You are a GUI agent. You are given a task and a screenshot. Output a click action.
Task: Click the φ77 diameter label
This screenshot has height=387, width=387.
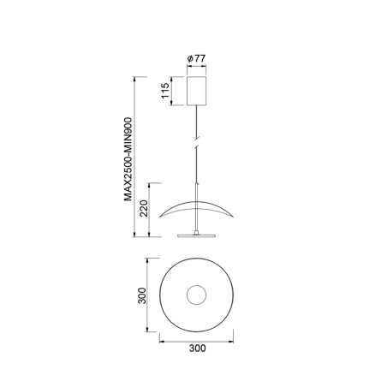point(198,60)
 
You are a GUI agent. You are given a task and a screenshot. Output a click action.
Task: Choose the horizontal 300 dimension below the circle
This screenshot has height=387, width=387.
point(197,348)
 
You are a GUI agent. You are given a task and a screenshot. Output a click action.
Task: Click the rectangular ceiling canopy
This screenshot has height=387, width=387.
point(198,92)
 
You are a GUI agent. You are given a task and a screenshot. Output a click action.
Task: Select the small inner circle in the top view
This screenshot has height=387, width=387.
point(198,295)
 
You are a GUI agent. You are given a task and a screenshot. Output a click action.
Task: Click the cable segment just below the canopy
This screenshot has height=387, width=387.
point(198,116)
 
